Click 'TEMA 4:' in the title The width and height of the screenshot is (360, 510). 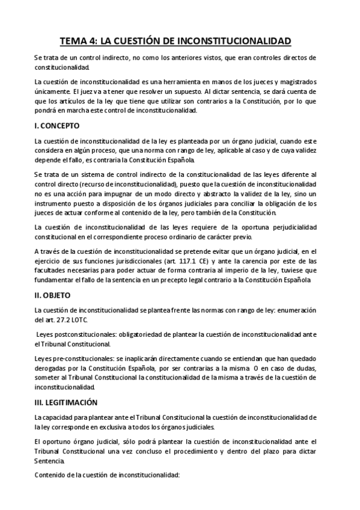click(x=83, y=41)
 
